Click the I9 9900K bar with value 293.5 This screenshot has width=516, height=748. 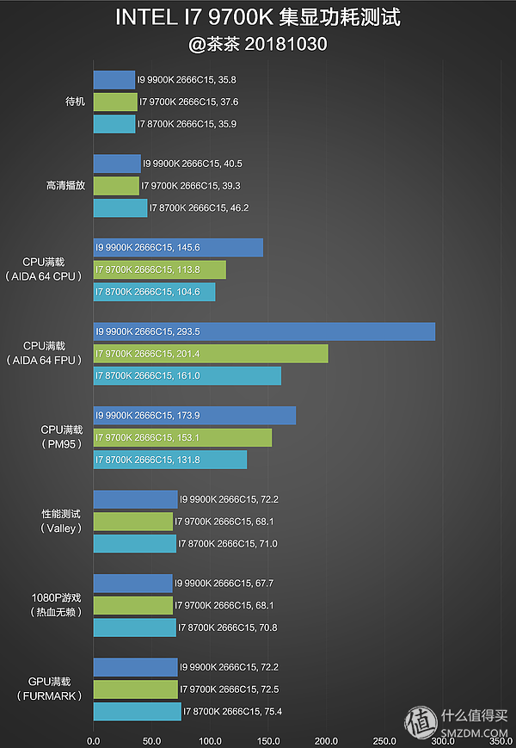(264, 331)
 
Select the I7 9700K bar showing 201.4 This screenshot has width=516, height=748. (211, 354)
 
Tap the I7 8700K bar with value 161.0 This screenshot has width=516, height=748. (187, 375)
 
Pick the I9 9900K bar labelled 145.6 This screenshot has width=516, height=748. (178, 248)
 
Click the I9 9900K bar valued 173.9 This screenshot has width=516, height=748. (194, 416)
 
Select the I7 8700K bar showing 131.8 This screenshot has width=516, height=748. (169, 460)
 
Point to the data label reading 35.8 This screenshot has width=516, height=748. (187, 80)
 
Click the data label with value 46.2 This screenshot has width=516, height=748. (199, 208)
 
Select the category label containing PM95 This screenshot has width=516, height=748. (61, 436)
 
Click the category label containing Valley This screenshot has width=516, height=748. (61, 521)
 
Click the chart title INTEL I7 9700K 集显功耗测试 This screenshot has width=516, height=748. (258, 17)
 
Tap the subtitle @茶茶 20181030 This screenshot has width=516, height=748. (258, 43)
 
